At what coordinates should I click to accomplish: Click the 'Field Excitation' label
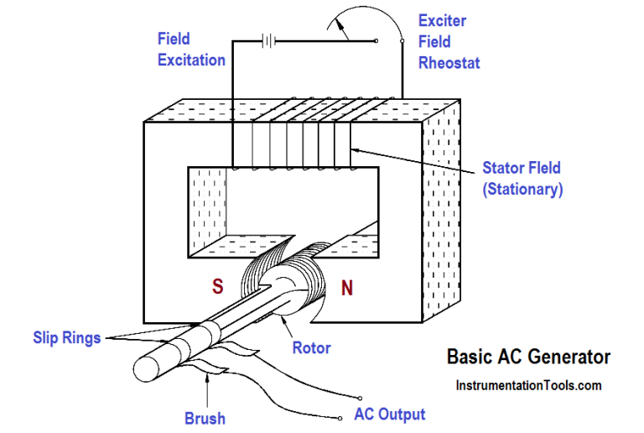tap(190, 49)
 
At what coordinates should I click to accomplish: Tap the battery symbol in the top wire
tap(269, 39)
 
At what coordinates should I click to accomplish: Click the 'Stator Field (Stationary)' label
tap(522, 179)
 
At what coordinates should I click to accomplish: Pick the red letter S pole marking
tap(219, 287)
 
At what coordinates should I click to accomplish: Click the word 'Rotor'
tap(311, 347)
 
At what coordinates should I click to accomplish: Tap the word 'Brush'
tap(205, 417)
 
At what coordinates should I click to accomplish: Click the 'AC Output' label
tap(390, 415)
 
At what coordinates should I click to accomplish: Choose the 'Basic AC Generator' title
tap(528, 357)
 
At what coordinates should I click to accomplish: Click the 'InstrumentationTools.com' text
tap(528, 385)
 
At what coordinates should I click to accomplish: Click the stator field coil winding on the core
tap(293, 134)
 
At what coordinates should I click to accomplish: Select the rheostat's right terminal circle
tap(402, 40)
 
